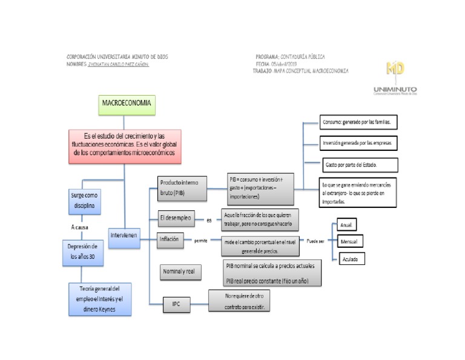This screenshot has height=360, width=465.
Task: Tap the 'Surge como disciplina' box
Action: tap(85, 201)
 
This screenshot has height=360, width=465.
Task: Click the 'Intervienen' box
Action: tap(124, 234)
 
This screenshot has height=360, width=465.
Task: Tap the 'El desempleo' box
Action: tap(177, 218)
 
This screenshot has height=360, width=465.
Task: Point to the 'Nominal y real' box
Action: tap(179, 272)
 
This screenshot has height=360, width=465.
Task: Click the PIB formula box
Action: tap(260, 188)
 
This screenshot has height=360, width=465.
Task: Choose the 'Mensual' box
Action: tap(349, 241)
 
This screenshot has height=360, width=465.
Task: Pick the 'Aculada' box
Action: tap(349, 259)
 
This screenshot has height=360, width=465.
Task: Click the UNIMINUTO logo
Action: tap(395, 78)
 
